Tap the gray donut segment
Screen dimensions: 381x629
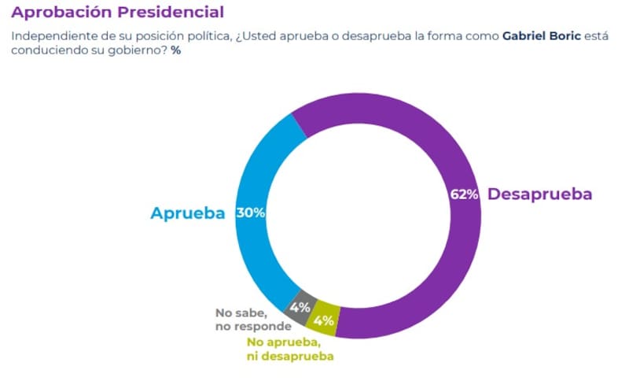(x=301, y=305)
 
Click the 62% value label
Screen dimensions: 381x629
(x=464, y=195)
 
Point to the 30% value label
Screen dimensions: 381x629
(x=249, y=213)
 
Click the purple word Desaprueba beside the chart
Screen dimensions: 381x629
(x=539, y=194)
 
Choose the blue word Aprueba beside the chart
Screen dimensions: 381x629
(x=188, y=213)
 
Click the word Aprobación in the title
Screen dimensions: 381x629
(x=64, y=13)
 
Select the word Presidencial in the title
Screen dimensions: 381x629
(x=175, y=13)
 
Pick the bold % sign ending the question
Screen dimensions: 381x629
(x=175, y=50)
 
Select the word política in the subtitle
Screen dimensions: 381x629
(x=208, y=37)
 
